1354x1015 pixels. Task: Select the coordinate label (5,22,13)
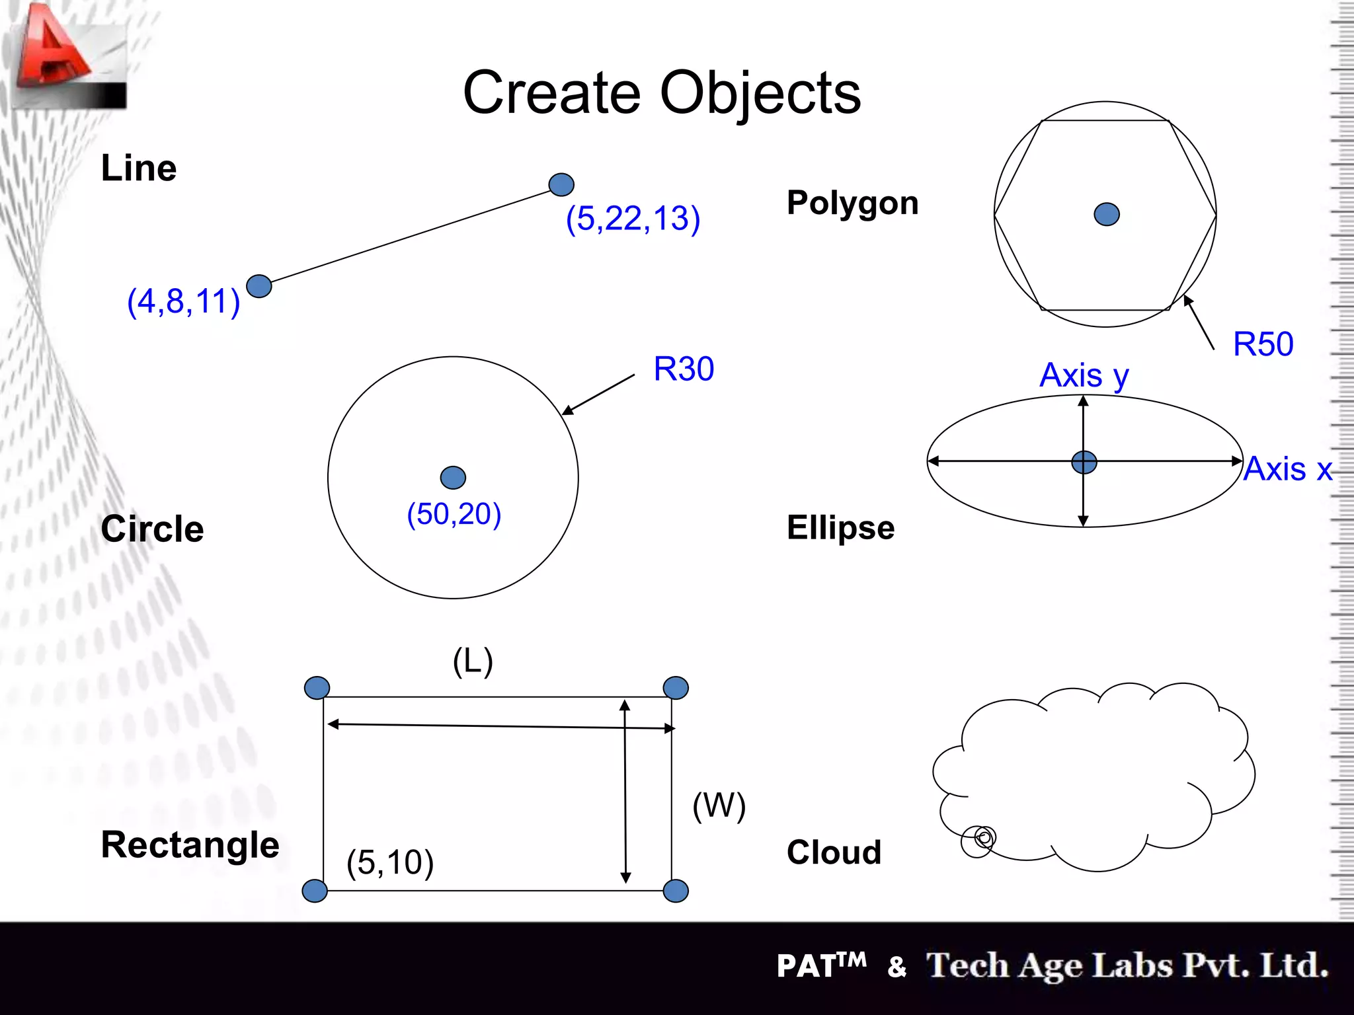pyautogui.click(x=633, y=218)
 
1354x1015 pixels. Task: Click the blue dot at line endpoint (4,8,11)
pyautogui.click(x=259, y=286)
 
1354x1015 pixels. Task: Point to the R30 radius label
pyautogui.click(x=683, y=369)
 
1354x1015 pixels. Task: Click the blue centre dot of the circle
pyautogui.click(x=453, y=477)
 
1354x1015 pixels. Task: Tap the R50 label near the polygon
pyautogui.click(x=1263, y=344)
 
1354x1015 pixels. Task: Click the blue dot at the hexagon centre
pyautogui.click(x=1107, y=214)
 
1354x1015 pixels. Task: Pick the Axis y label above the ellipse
pyautogui.click(x=1084, y=375)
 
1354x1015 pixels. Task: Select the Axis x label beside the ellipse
pyautogui.click(x=1287, y=469)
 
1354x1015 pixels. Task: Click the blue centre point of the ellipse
pyautogui.click(x=1084, y=462)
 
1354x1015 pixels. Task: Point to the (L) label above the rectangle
pyautogui.click(x=473, y=661)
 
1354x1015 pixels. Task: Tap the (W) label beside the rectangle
pyautogui.click(x=719, y=806)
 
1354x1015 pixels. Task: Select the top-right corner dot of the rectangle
pyautogui.click(x=675, y=688)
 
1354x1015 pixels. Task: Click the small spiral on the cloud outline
pyautogui.click(x=980, y=840)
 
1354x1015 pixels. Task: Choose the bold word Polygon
pyautogui.click(x=852, y=203)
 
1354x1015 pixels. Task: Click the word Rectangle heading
pyautogui.click(x=190, y=845)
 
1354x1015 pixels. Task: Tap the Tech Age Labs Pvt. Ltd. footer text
pyautogui.click(x=1127, y=965)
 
